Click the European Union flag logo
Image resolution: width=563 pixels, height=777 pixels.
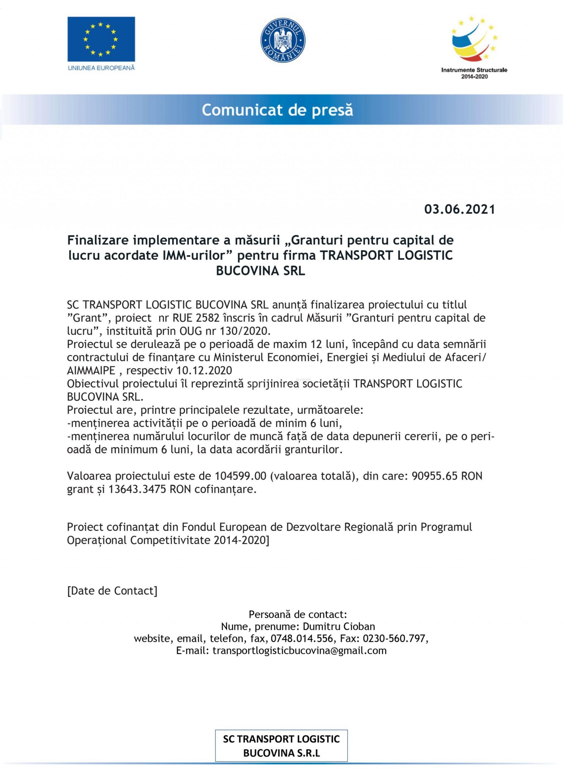tap(101, 39)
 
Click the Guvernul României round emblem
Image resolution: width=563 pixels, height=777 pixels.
tap(283, 40)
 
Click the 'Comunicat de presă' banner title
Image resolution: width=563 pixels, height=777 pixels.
tap(278, 110)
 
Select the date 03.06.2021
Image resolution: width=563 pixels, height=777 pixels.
tap(459, 209)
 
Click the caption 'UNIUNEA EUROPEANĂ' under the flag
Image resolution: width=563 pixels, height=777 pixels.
tap(101, 68)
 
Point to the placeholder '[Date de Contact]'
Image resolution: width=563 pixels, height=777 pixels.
tap(112, 591)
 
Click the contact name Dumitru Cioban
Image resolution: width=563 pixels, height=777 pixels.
tap(339, 627)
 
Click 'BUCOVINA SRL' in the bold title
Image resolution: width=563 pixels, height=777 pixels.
tap(260, 271)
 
